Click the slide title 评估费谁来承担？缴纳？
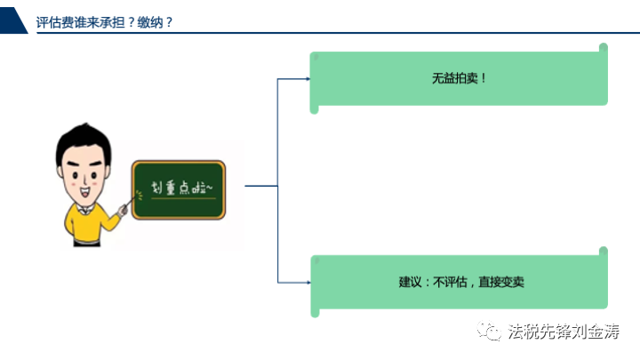[105, 22]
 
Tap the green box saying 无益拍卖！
[459, 78]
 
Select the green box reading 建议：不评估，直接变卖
[460, 282]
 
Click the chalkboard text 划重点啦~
[181, 188]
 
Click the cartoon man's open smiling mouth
[85, 191]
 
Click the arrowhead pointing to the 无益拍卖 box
[308, 79]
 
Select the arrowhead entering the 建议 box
[308, 283]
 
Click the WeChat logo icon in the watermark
[489, 331]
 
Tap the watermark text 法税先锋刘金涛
[564, 331]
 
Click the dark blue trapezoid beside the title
[13, 20]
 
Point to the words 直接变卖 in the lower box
[501, 282]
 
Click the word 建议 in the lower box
[410, 282]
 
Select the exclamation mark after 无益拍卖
[484, 78]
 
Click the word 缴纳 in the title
[150, 22]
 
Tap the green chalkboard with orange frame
[179, 190]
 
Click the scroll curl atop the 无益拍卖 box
[604, 48]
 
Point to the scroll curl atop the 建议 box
[604, 252]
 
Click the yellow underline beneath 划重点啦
[183, 198]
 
